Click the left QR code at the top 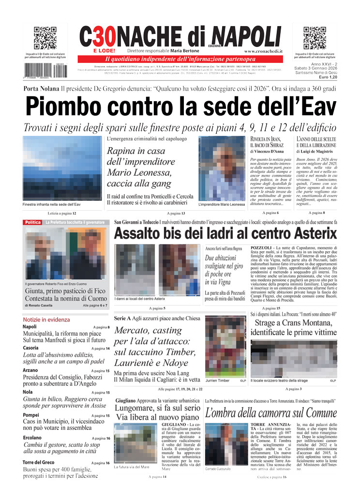pyautogui.click(x=45, y=38)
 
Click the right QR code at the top pyautogui.click(x=315, y=38)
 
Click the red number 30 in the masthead pyautogui.click(x=103, y=36)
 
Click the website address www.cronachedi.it pyautogui.click(x=264, y=51)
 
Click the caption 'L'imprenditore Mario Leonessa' pyautogui.click(x=222, y=205)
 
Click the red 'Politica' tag pyautogui.click(x=33, y=222)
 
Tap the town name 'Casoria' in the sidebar pyautogui.click(x=30, y=348)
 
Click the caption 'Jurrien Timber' pyautogui.click(x=217, y=381)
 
